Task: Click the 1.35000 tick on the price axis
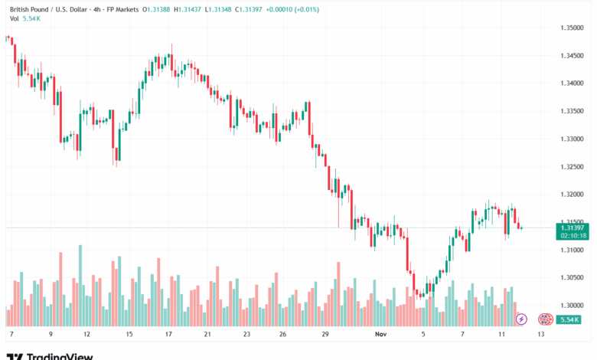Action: tap(573, 28)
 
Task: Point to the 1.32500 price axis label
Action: tap(573, 166)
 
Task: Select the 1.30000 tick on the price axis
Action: tap(573, 305)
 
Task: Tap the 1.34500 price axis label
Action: tap(573, 55)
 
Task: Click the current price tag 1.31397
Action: tap(573, 227)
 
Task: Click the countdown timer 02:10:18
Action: tap(573, 236)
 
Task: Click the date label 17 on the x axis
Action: tap(168, 334)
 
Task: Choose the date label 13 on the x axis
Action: tap(540, 334)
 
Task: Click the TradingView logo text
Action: tap(60, 355)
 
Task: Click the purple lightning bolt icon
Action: tap(521, 319)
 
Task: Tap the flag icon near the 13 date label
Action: tap(544, 319)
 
